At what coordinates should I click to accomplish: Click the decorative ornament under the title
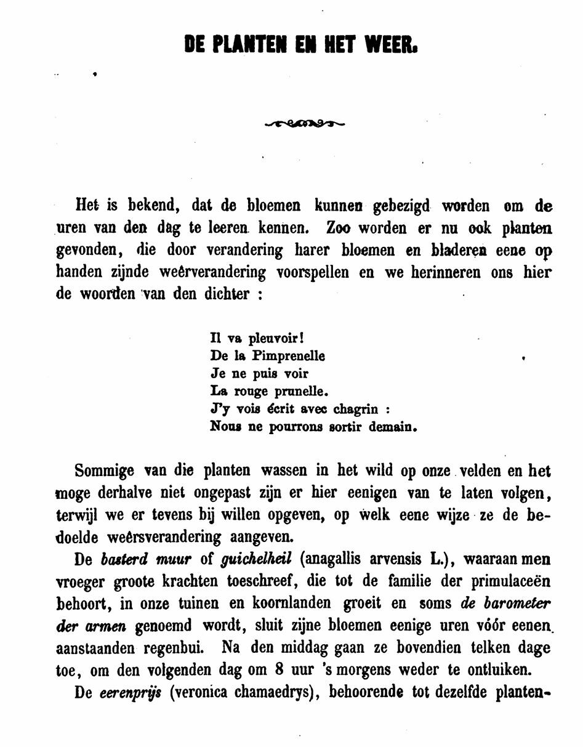304,124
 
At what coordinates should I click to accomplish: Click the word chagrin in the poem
356,409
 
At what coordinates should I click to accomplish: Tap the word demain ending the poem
392,427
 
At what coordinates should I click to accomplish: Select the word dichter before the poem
227,294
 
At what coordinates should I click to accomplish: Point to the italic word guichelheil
256,560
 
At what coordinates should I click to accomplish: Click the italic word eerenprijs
131,693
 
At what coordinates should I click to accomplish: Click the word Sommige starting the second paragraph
105,471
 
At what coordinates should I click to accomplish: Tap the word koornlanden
287,604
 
